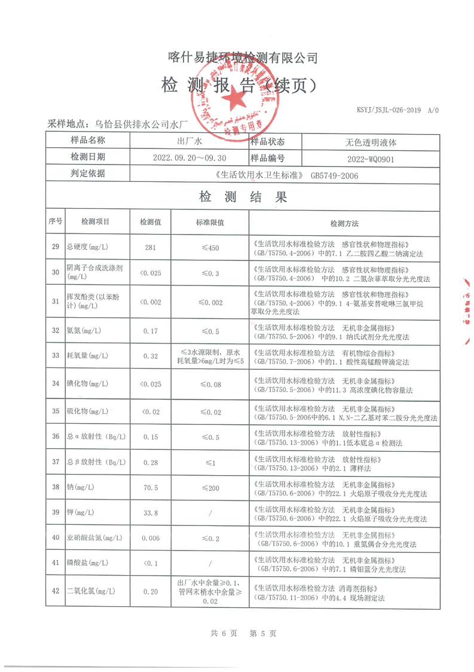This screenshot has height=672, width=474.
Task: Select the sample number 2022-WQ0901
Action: tap(371, 158)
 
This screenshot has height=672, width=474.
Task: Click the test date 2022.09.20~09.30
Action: tap(189, 158)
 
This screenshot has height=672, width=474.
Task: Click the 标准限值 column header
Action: tap(210, 223)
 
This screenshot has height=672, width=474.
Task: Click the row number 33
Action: tap(56, 356)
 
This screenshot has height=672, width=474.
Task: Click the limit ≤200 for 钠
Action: tap(210, 488)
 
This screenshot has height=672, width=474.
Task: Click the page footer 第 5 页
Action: tap(262, 633)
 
